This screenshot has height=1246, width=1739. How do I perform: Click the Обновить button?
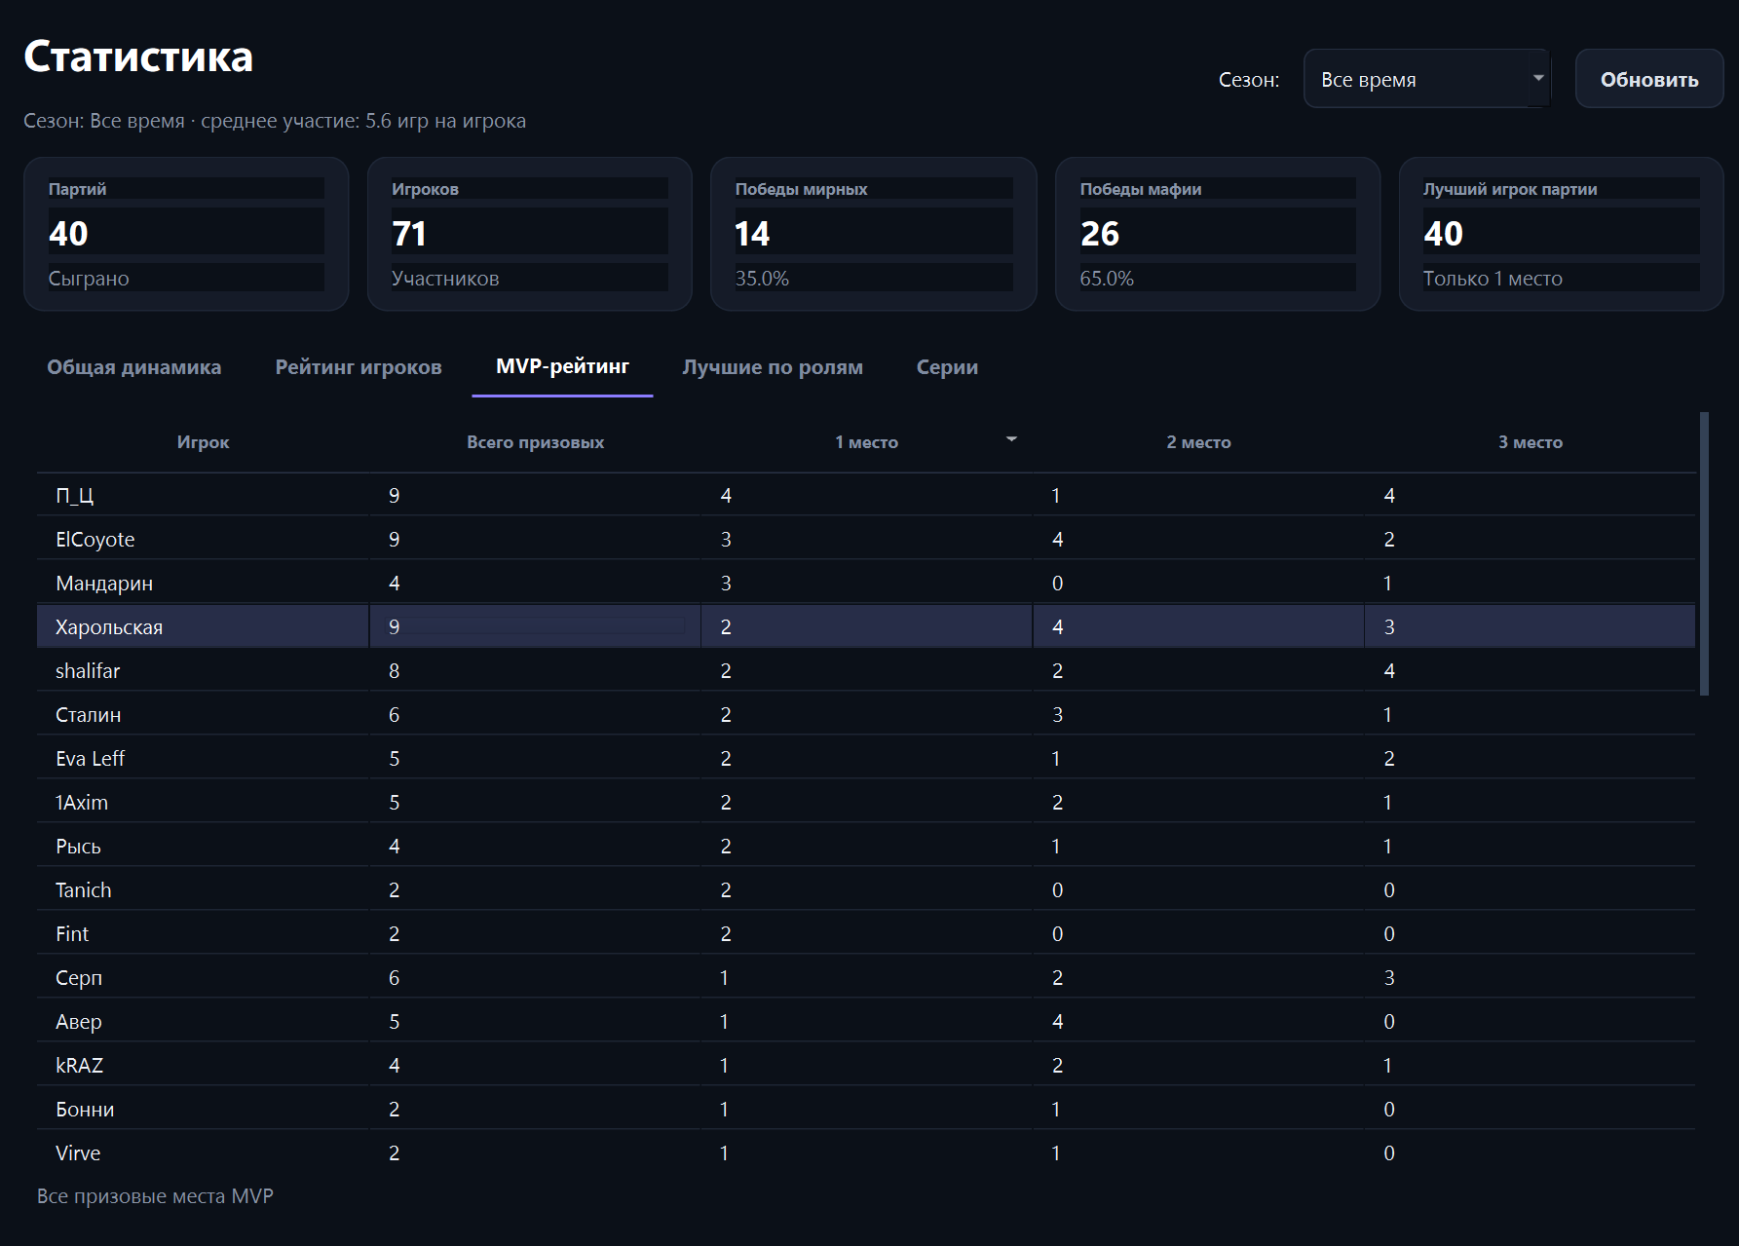pos(1648,79)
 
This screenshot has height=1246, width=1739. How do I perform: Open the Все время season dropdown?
pos(1426,79)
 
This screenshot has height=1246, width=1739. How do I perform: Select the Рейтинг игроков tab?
pos(359,367)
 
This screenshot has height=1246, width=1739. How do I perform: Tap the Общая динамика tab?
pos(134,367)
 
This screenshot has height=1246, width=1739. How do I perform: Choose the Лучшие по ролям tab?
pos(773,367)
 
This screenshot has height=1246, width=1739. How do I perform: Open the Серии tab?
pos(947,367)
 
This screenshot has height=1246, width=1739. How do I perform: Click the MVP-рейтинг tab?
pos(562,366)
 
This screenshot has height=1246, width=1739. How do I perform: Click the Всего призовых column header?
pos(535,442)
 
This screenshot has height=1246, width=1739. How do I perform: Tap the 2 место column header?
pos(1198,442)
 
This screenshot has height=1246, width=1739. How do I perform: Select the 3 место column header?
pos(1531,442)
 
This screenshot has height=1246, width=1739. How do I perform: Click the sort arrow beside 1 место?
pos(1011,439)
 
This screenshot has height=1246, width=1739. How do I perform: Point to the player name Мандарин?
pos(104,584)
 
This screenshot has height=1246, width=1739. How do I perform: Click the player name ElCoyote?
pos(95,540)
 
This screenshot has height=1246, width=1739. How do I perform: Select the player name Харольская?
pos(109,627)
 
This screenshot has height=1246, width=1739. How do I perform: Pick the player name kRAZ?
pos(80,1066)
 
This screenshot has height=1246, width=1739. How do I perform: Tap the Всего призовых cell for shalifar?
pos(395,671)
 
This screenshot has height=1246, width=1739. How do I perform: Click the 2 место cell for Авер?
pos(1058,1022)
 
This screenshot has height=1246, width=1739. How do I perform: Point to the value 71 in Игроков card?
pos(409,234)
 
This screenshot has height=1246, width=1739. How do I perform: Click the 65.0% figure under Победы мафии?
pos(1107,279)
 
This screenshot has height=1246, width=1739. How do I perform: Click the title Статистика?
pos(138,57)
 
